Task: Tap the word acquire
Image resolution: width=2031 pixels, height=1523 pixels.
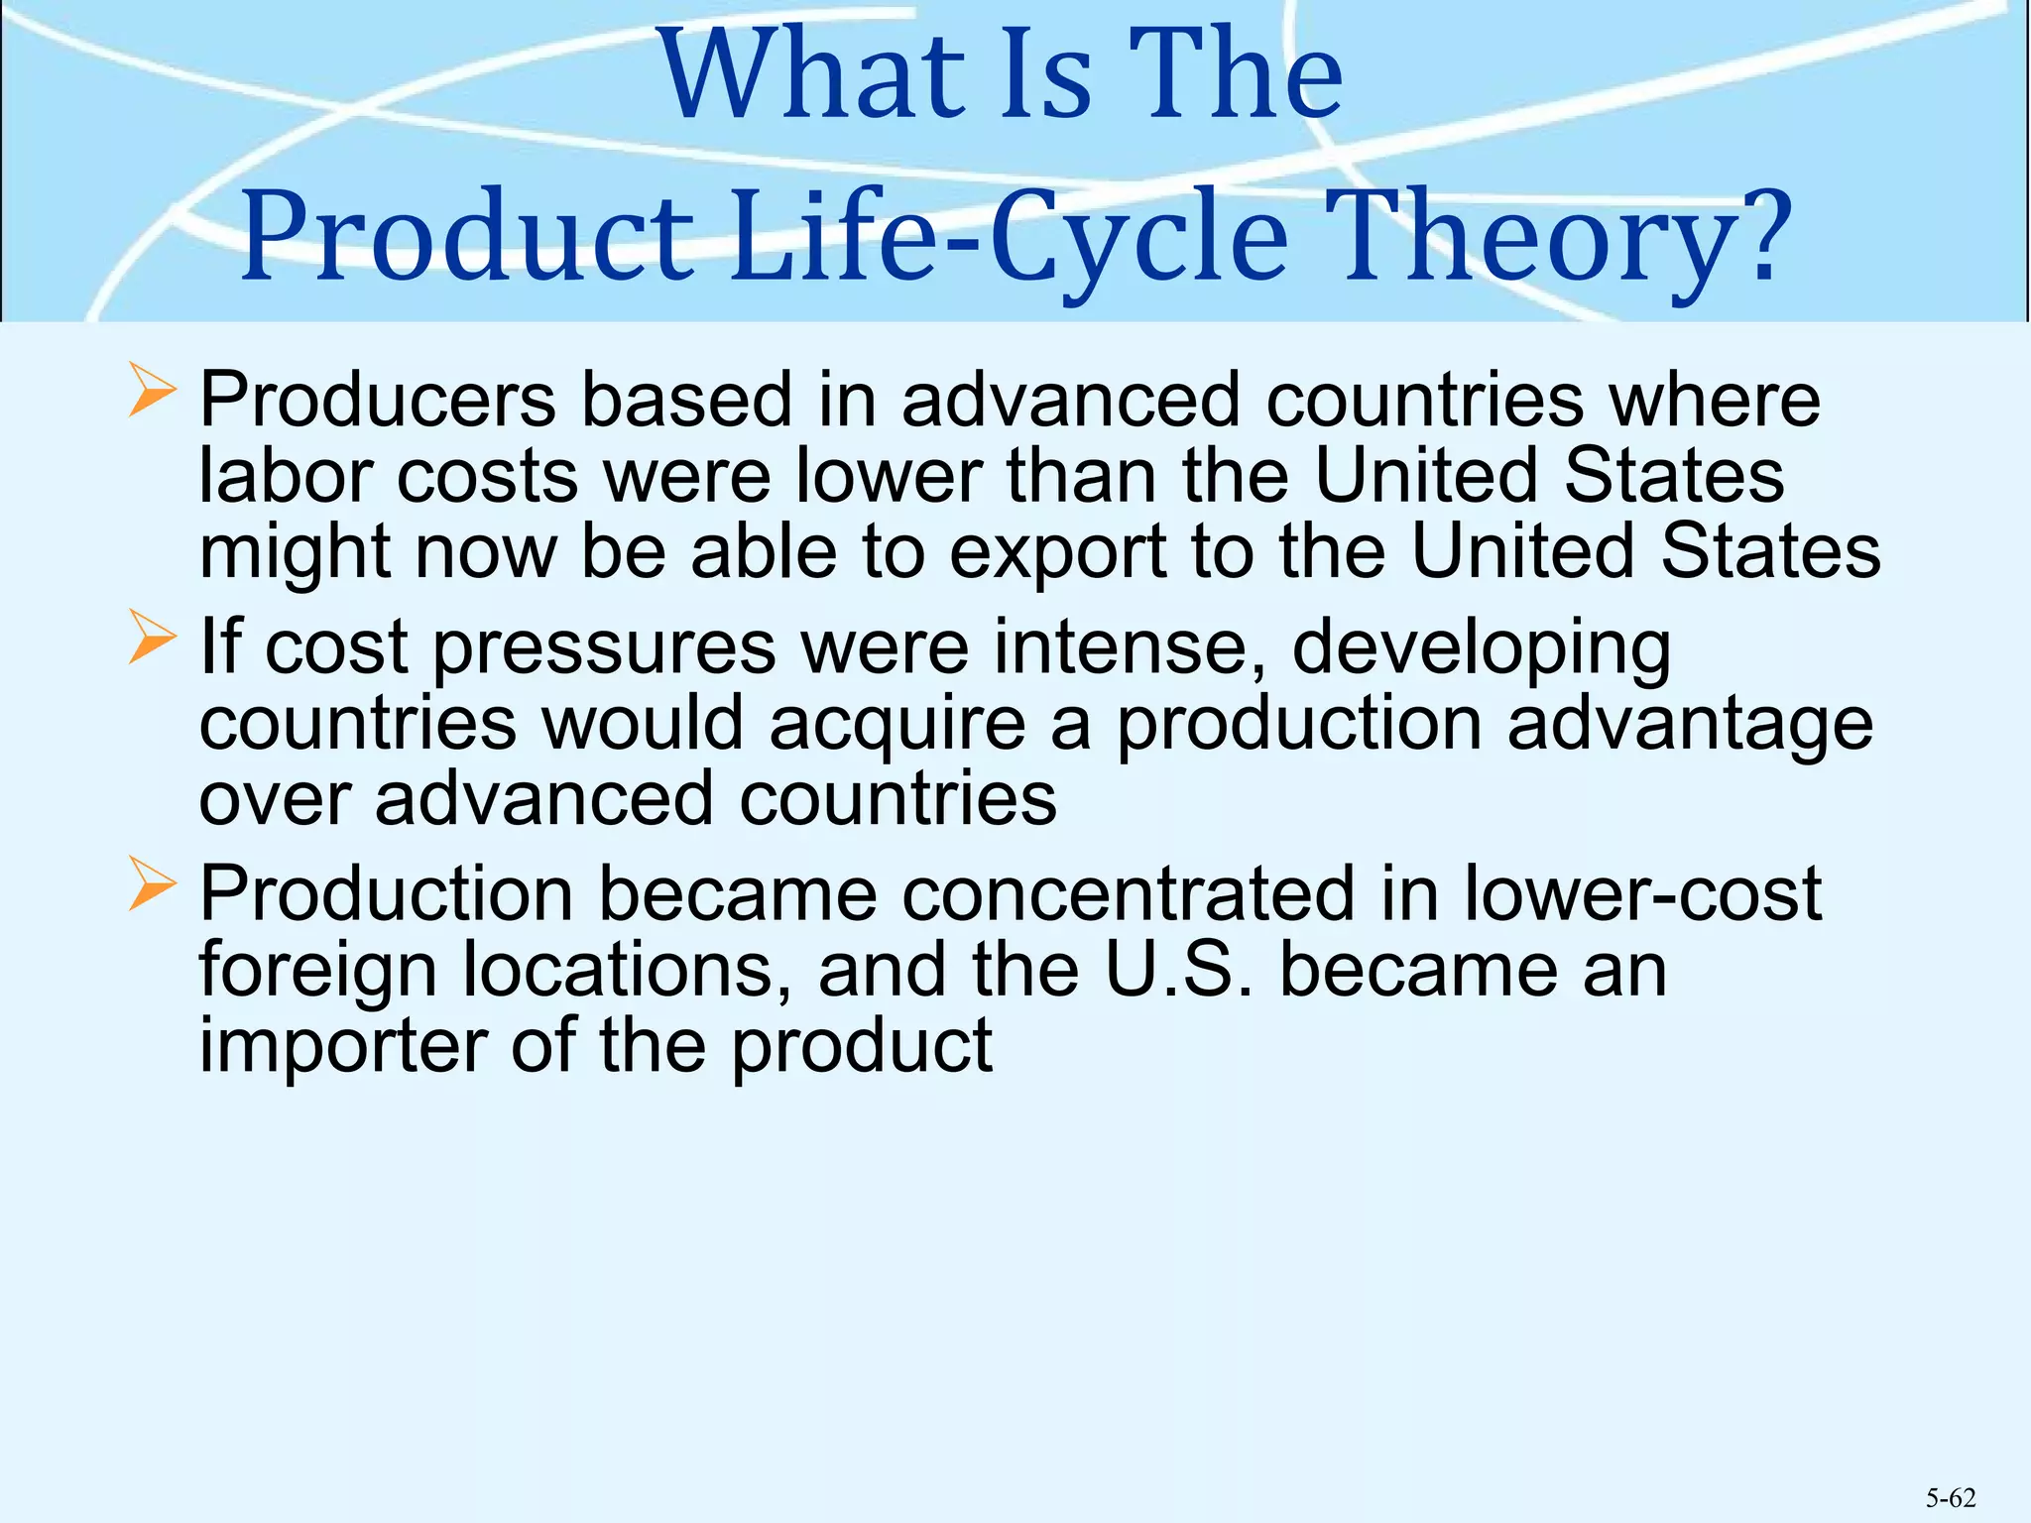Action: click(x=897, y=725)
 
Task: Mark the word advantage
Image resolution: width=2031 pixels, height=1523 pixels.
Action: click(x=1690, y=725)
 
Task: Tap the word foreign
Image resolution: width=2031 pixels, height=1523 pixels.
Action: click(x=317, y=973)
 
